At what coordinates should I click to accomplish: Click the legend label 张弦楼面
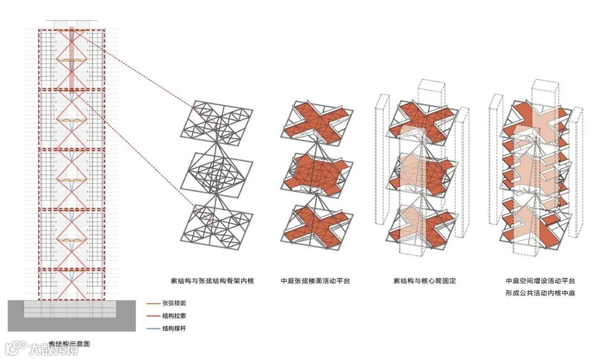click(x=174, y=303)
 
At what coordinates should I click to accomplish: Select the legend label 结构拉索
click(x=174, y=315)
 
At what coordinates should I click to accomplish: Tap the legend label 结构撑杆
click(x=174, y=328)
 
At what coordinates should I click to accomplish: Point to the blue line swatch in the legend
click(x=152, y=328)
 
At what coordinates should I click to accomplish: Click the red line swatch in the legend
click(x=152, y=315)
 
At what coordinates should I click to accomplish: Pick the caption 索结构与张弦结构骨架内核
click(x=212, y=281)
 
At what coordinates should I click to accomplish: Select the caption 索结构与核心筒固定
click(x=424, y=281)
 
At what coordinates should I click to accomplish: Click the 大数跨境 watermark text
click(x=53, y=350)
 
